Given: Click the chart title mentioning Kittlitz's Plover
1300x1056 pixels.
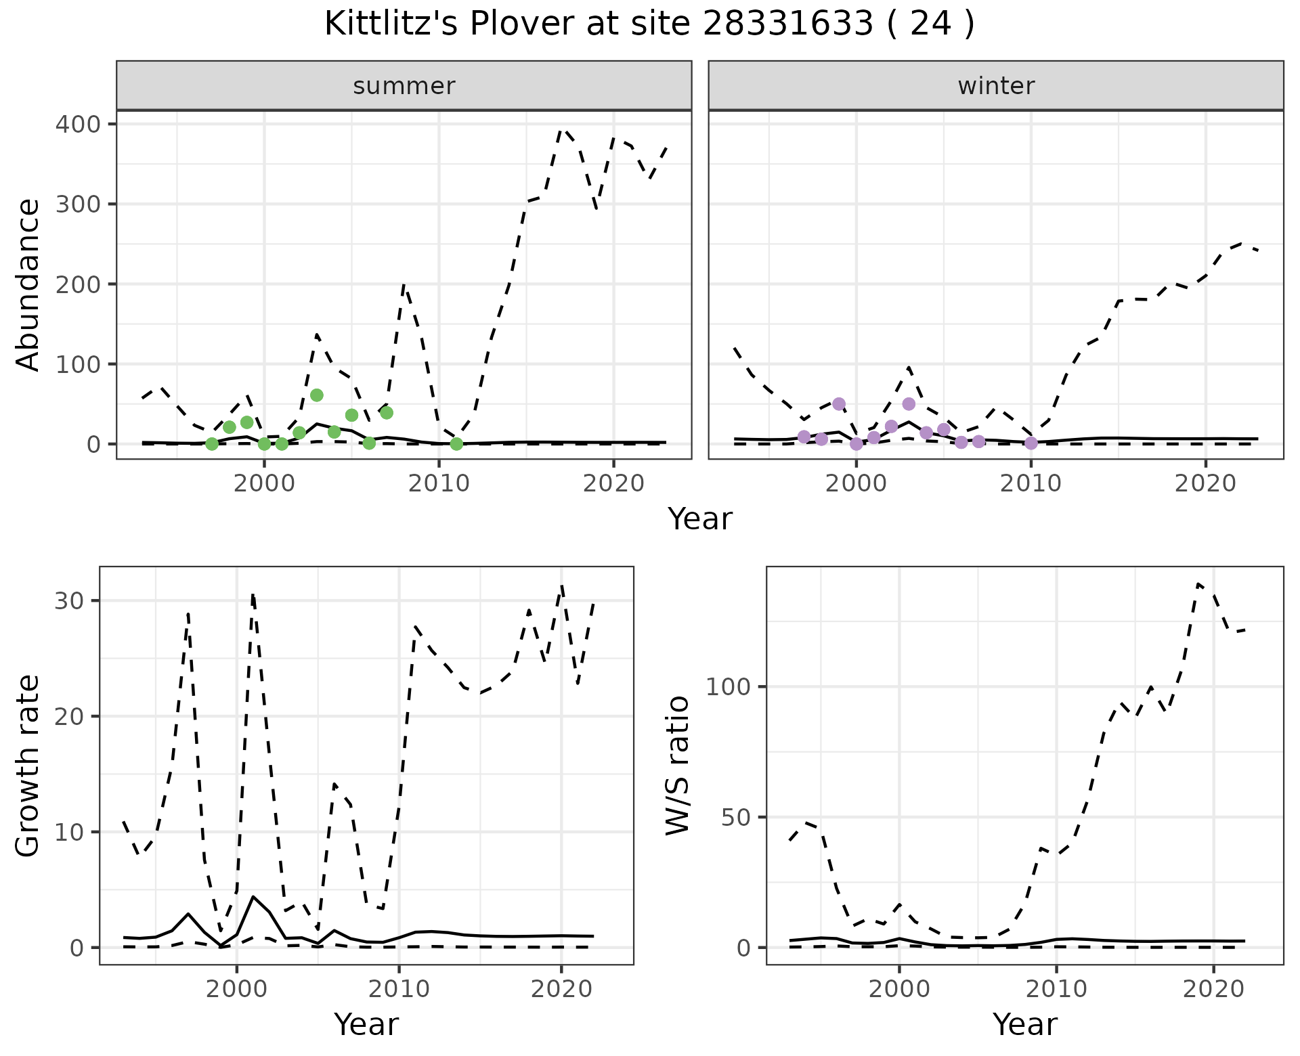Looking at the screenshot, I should point(649,24).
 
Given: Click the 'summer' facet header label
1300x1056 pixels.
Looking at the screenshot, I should point(404,86).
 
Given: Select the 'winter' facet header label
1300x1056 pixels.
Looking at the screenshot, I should point(996,86).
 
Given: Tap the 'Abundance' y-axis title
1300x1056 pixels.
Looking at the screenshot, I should point(28,284).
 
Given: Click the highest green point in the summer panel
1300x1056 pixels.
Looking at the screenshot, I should point(316,395).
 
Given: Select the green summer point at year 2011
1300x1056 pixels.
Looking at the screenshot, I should point(456,444).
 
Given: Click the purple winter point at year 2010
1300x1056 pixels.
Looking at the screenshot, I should point(1031,443).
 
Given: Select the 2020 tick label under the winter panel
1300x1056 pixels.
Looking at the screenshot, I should point(1205,484).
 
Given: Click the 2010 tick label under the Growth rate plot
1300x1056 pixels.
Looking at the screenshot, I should point(399,990).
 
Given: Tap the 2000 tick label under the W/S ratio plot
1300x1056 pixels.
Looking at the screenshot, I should point(899,990).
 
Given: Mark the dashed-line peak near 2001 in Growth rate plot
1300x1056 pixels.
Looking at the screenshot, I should point(253,595).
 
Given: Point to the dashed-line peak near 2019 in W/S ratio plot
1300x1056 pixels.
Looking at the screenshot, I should point(1198,584).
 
